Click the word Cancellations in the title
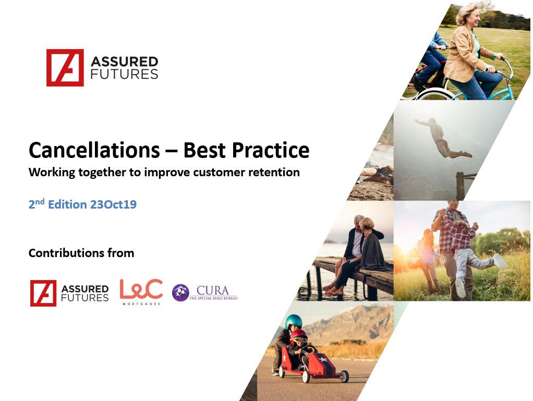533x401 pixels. (94, 150)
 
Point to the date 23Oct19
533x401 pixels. (113, 204)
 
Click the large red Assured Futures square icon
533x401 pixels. (65, 68)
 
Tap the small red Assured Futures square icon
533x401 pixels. (43, 293)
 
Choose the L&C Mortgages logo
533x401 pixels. (141, 292)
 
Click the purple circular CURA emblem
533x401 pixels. (180, 293)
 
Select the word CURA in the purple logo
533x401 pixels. (213, 290)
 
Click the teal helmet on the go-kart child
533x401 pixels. (294, 322)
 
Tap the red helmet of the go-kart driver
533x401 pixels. (299, 335)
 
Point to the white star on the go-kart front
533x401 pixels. (323, 359)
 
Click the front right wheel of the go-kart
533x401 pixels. (345, 376)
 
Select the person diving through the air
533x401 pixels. (443, 138)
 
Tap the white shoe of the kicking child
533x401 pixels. (499, 261)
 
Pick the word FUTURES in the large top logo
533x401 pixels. (125, 74)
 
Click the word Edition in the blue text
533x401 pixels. (68, 204)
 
